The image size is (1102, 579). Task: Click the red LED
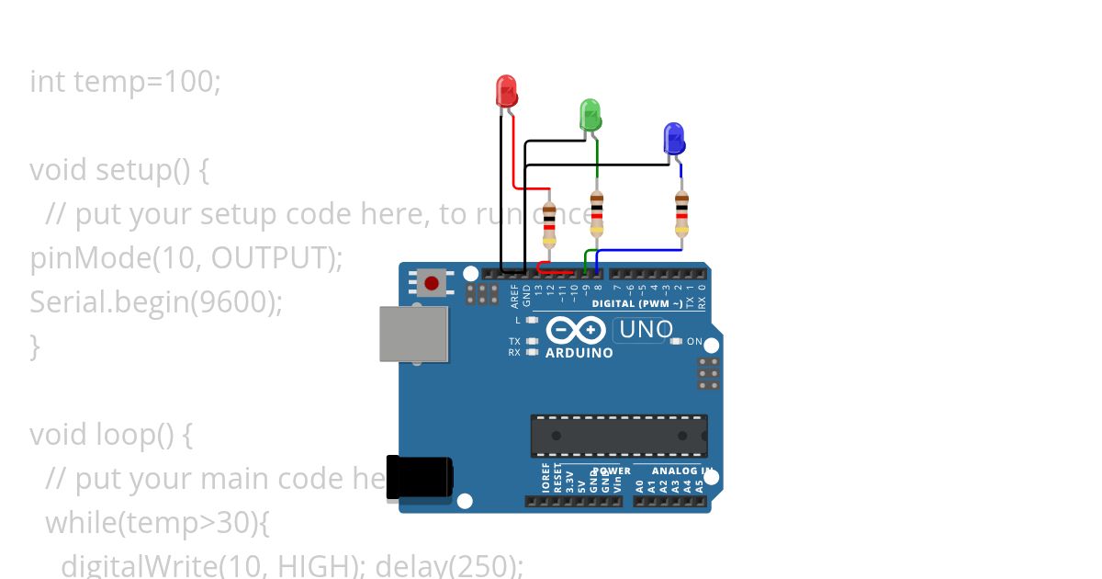click(x=506, y=92)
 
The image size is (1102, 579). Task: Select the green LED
click(x=590, y=116)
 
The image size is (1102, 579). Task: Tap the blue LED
click(x=674, y=139)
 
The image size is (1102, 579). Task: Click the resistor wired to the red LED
click(x=549, y=225)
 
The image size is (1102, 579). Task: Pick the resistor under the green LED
click(x=597, y=215)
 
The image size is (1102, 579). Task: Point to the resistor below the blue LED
click(x=680, y=214)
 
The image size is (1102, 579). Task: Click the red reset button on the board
click(x=431, y=282)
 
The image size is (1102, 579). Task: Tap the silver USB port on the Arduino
click(x=414, y=334)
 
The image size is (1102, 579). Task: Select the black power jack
click(x=419, y=479)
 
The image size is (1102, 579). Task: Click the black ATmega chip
click(x=619, y=436)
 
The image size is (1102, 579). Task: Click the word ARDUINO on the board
click(x=579, y=353)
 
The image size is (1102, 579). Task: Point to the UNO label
click(x=647, y=329)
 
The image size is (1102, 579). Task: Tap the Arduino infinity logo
click(x=576, y=330)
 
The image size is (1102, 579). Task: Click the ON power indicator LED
click(x=677, y=342)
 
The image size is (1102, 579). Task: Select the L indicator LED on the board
click(x=533, y=320)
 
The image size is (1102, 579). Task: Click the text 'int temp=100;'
click(x=126, y=82)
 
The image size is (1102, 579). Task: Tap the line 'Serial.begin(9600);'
click(x=156, y=302)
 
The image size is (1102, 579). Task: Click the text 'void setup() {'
click(x=120, y=170)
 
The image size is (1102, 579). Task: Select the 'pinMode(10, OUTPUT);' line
click(x=186, y=258)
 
